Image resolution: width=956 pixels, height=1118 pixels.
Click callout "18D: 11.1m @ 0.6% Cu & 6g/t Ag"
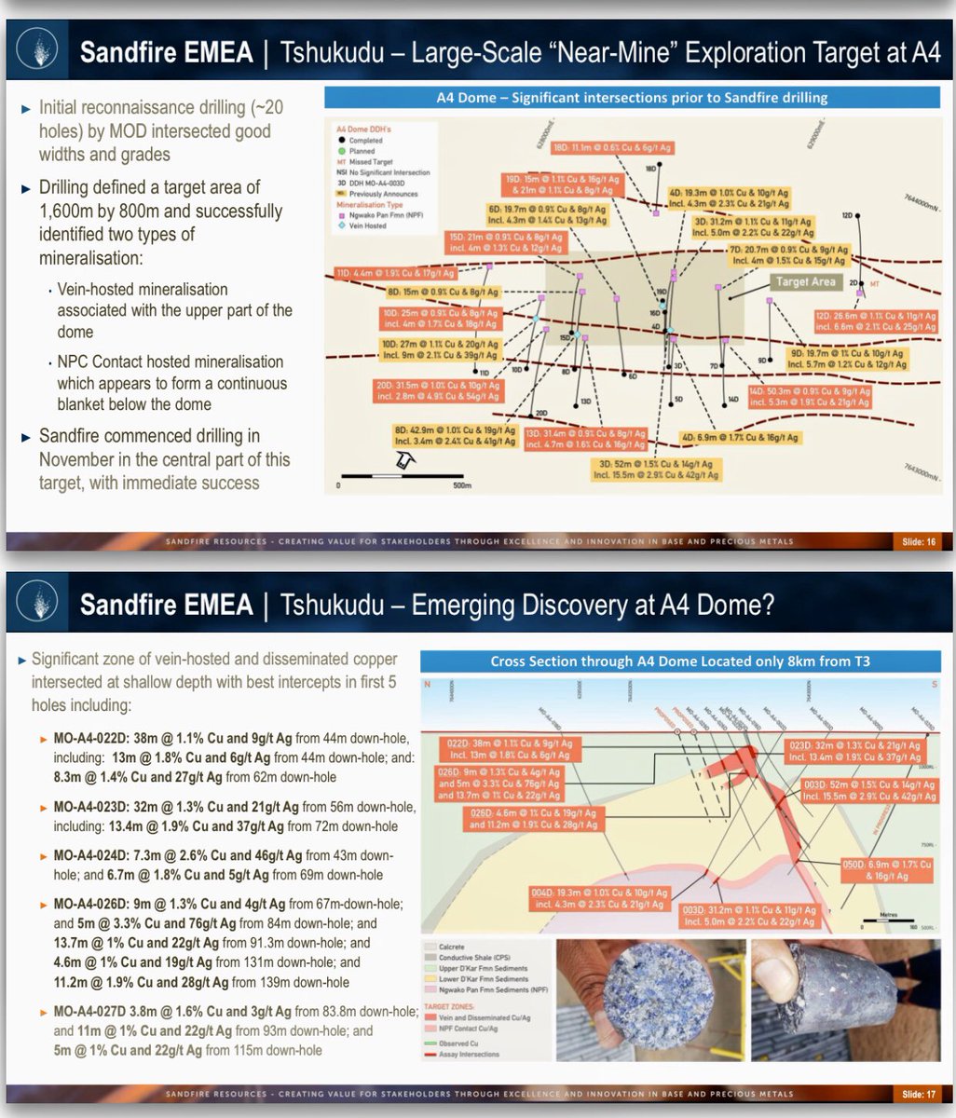point(613,147)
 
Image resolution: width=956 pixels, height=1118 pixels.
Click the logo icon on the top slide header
point(39,50)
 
